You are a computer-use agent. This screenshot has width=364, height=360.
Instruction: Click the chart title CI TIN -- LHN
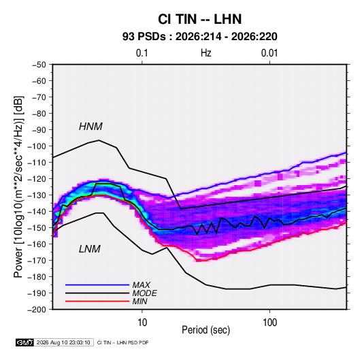[199, 19]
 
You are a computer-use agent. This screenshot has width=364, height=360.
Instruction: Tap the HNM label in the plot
[90, 127]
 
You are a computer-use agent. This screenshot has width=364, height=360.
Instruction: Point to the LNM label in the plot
[90, 249]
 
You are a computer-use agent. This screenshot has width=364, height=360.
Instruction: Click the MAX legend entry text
[141, 284]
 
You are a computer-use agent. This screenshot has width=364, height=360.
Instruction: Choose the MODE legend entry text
[144, 293]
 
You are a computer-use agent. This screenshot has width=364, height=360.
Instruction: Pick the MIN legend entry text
[139, 301]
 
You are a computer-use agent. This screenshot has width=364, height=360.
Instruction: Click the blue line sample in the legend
[97, 284]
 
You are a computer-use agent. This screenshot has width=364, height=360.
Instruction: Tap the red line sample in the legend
[97, 301]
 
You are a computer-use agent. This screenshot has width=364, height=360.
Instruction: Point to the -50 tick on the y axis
[39, 65]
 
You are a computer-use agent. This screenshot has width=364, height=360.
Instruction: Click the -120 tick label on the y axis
[37, 179]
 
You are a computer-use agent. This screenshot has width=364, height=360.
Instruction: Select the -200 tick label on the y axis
[37, 310]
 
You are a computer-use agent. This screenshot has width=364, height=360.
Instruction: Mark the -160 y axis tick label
[37, 244]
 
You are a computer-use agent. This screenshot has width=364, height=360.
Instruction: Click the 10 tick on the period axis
[142, 323]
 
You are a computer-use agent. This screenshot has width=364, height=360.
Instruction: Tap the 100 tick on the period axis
[269, 323]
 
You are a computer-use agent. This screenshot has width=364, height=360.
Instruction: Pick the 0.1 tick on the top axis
[142, 53]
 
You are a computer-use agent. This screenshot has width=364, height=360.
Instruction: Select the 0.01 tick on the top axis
[269, 53]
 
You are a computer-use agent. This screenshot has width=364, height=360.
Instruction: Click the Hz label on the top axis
[206, 53]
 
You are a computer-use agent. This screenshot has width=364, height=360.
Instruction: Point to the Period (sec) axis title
[206, 330]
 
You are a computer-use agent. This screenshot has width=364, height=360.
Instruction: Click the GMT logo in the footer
[24, 342]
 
